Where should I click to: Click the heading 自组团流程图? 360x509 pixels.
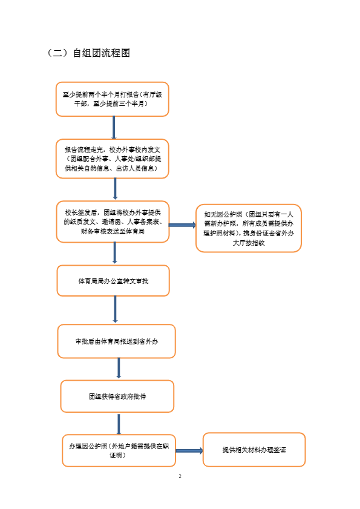point(101,53)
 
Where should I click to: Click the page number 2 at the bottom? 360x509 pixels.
point(180,476)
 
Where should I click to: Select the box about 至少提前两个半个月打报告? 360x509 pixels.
point(113,99)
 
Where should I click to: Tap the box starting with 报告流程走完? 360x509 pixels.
point(113,159)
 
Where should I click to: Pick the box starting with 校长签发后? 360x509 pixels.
point(113,222)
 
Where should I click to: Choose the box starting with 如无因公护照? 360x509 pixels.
point(249,228)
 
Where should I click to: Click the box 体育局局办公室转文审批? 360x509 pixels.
point(113,281)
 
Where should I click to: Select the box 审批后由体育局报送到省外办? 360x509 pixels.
point(117,341)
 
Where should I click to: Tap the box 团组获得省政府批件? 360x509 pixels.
point(117,396)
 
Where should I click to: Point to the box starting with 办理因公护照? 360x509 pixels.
point(119,450)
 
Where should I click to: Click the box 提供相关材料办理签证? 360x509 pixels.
point(254,450)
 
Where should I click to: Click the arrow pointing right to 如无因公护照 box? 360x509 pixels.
point(183,225)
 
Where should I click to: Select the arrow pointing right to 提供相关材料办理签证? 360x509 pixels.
point(189,450)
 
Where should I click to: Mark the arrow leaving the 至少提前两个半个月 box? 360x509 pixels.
point(114,128)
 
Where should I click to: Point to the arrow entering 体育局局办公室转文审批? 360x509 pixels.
point(114,253)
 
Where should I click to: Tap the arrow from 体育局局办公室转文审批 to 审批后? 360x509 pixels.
point(115,309)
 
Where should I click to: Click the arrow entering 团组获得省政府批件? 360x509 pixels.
point(119,368)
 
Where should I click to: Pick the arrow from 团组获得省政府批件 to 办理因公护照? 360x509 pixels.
point(119,424)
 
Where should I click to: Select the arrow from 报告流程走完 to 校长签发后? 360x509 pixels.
point(115,189)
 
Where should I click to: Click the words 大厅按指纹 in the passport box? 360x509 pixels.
point(249,243)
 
